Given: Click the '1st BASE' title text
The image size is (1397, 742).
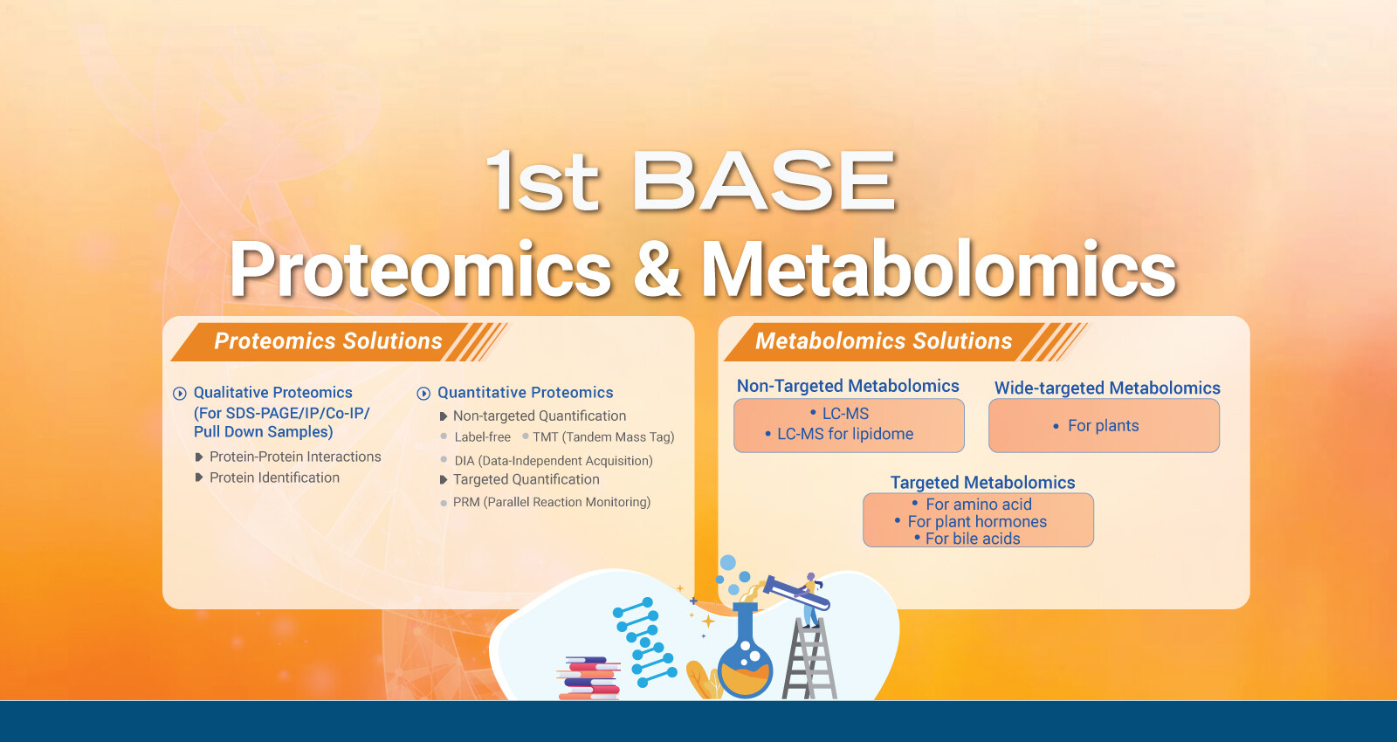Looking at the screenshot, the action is coord(691,182).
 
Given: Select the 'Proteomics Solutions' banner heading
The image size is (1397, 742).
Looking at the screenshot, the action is coord(328,341).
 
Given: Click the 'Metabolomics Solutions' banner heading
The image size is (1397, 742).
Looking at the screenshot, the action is coord(883,341).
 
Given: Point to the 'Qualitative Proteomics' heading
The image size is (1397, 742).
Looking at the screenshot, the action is coord(273,392).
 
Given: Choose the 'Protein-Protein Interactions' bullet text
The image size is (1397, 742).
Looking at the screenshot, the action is coord(295,457).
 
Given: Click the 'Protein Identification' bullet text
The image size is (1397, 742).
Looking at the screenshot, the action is coord(274,477).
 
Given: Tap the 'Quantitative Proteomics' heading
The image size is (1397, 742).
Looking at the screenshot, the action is coord(525,392).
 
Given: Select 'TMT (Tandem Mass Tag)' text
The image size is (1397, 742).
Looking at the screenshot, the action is coord(603,437).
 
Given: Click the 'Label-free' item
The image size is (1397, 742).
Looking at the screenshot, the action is coord(482,437).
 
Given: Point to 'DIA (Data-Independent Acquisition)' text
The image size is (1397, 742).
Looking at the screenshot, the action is coord(554,461).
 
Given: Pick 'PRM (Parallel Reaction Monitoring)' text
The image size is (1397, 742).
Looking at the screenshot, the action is coord(551,502).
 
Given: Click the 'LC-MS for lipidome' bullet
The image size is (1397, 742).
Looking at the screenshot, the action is coord(845,434).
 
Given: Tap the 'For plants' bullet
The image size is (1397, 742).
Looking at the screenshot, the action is coord(1104,426).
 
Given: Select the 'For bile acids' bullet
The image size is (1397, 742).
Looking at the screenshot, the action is coord(973,539).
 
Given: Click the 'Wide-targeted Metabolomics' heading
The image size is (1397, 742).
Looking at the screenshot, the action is coord(1107,388).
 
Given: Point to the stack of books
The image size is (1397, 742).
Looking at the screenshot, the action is coord(588,677).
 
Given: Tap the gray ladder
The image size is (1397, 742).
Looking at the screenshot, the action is coord(809,658).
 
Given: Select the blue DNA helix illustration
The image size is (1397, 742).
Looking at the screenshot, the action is coord(645,642).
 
